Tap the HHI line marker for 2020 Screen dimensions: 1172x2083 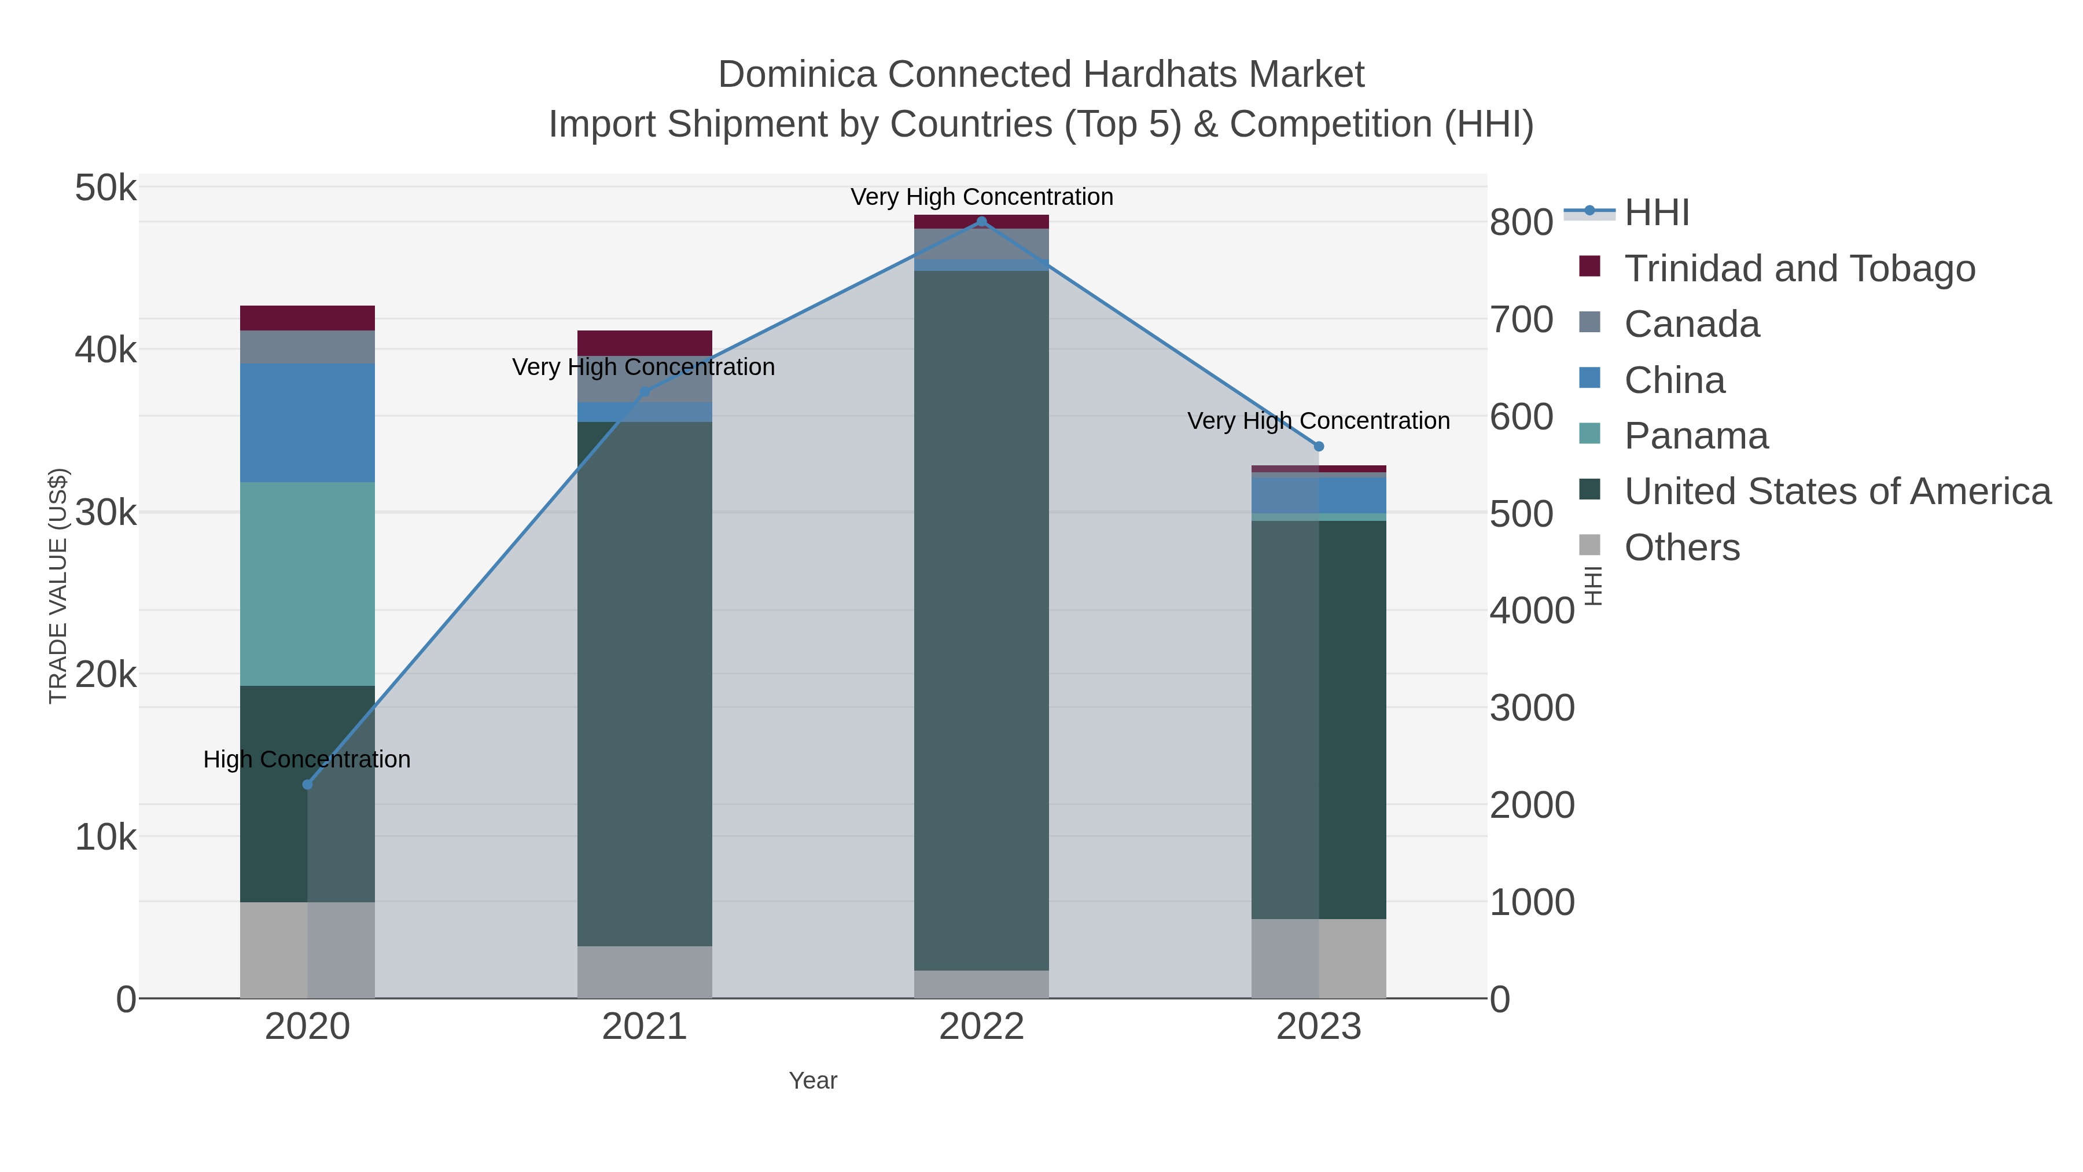tap(307, 785)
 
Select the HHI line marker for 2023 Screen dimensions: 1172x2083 tap(1318, 446)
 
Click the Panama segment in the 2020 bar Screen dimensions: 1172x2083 tap(307, 584)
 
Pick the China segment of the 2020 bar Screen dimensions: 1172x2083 tap(307, 423)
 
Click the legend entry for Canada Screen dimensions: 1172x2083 tap(1692, 324)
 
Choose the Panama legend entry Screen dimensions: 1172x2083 tap(1696, 436)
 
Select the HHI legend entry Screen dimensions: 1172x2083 tap(1656, 213)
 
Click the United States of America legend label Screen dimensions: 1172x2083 tap(1837, 492)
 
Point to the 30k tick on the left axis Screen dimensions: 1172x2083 tap(106, 513)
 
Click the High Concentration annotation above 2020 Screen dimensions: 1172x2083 tap(307, 759)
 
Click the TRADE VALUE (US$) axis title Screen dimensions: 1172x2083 tap(58, 586)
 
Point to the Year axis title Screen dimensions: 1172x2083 tap(813, 1081)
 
